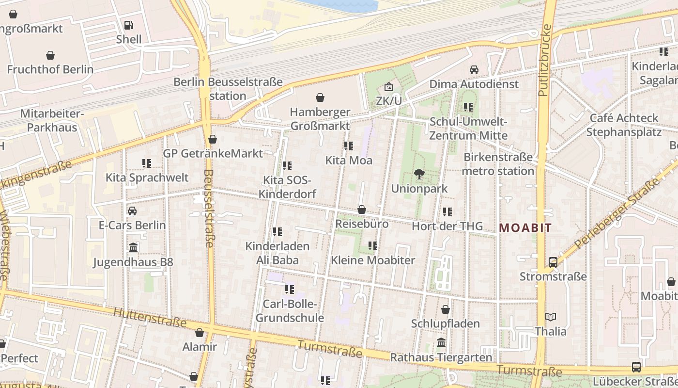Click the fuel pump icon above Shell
click(x=128, y=25)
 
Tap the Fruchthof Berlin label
click(x=50, y=69)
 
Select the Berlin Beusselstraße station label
click(x=228, y=88)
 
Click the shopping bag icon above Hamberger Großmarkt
click(x=320, y=97)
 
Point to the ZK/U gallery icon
click(x=388, y=87)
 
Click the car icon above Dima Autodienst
click(x=474, y=70)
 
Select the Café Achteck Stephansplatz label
click(x=624, y=125)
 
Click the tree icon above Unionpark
click(x=419, y=174)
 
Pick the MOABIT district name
click(x=525, y=228)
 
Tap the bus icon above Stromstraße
click(x=553, y=262)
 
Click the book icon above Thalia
click(x=551, y=317)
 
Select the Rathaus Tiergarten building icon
click(x=441, y=343)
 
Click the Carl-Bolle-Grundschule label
click(x=290, y=311)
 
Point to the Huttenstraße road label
click(x=150, y=315)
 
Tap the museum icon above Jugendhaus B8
click(x=133, y=248)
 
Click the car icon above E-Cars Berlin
click(x=132, y=211)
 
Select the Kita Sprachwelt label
click(x=147, y=178)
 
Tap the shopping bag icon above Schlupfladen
click(x=446, y=309)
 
